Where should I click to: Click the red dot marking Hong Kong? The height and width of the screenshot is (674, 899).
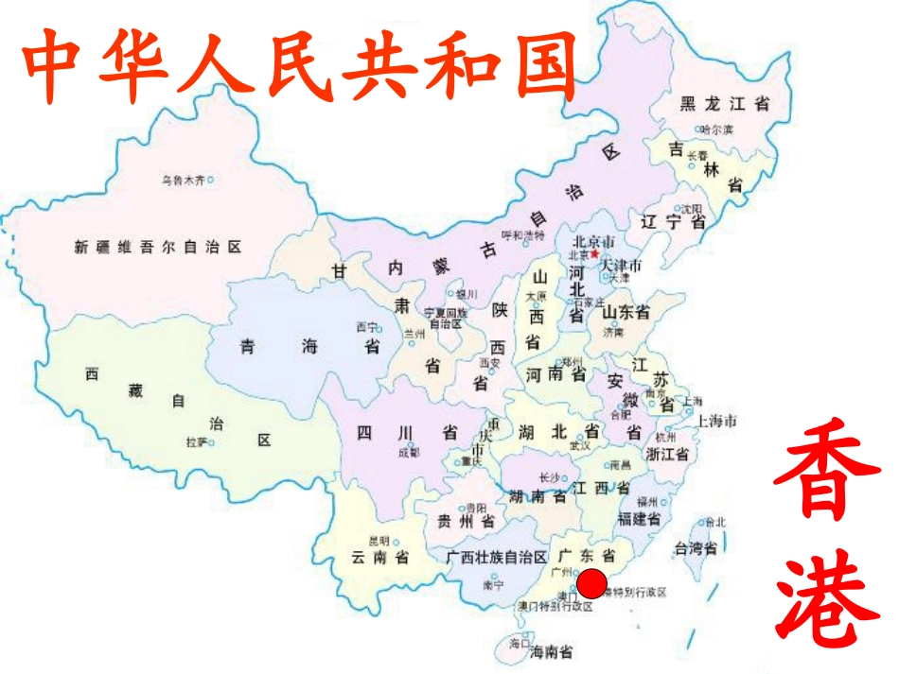591,584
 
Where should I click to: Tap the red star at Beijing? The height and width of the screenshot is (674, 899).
594,253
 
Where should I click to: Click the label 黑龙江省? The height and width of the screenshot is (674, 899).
725,105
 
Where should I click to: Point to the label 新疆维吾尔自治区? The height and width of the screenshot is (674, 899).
158,248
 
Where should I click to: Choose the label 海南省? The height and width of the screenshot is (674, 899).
551,651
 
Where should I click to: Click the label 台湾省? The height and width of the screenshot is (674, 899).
694,548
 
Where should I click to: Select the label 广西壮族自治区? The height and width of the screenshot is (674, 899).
497,557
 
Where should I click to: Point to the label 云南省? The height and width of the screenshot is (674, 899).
379,558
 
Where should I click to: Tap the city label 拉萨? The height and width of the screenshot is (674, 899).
196,441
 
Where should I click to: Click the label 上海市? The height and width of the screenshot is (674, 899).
716,421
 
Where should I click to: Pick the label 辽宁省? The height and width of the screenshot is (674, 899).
673,223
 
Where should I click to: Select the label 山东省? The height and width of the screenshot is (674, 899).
626,312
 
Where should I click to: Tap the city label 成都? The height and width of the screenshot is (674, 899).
408,453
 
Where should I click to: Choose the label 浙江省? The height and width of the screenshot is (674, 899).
667,454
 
